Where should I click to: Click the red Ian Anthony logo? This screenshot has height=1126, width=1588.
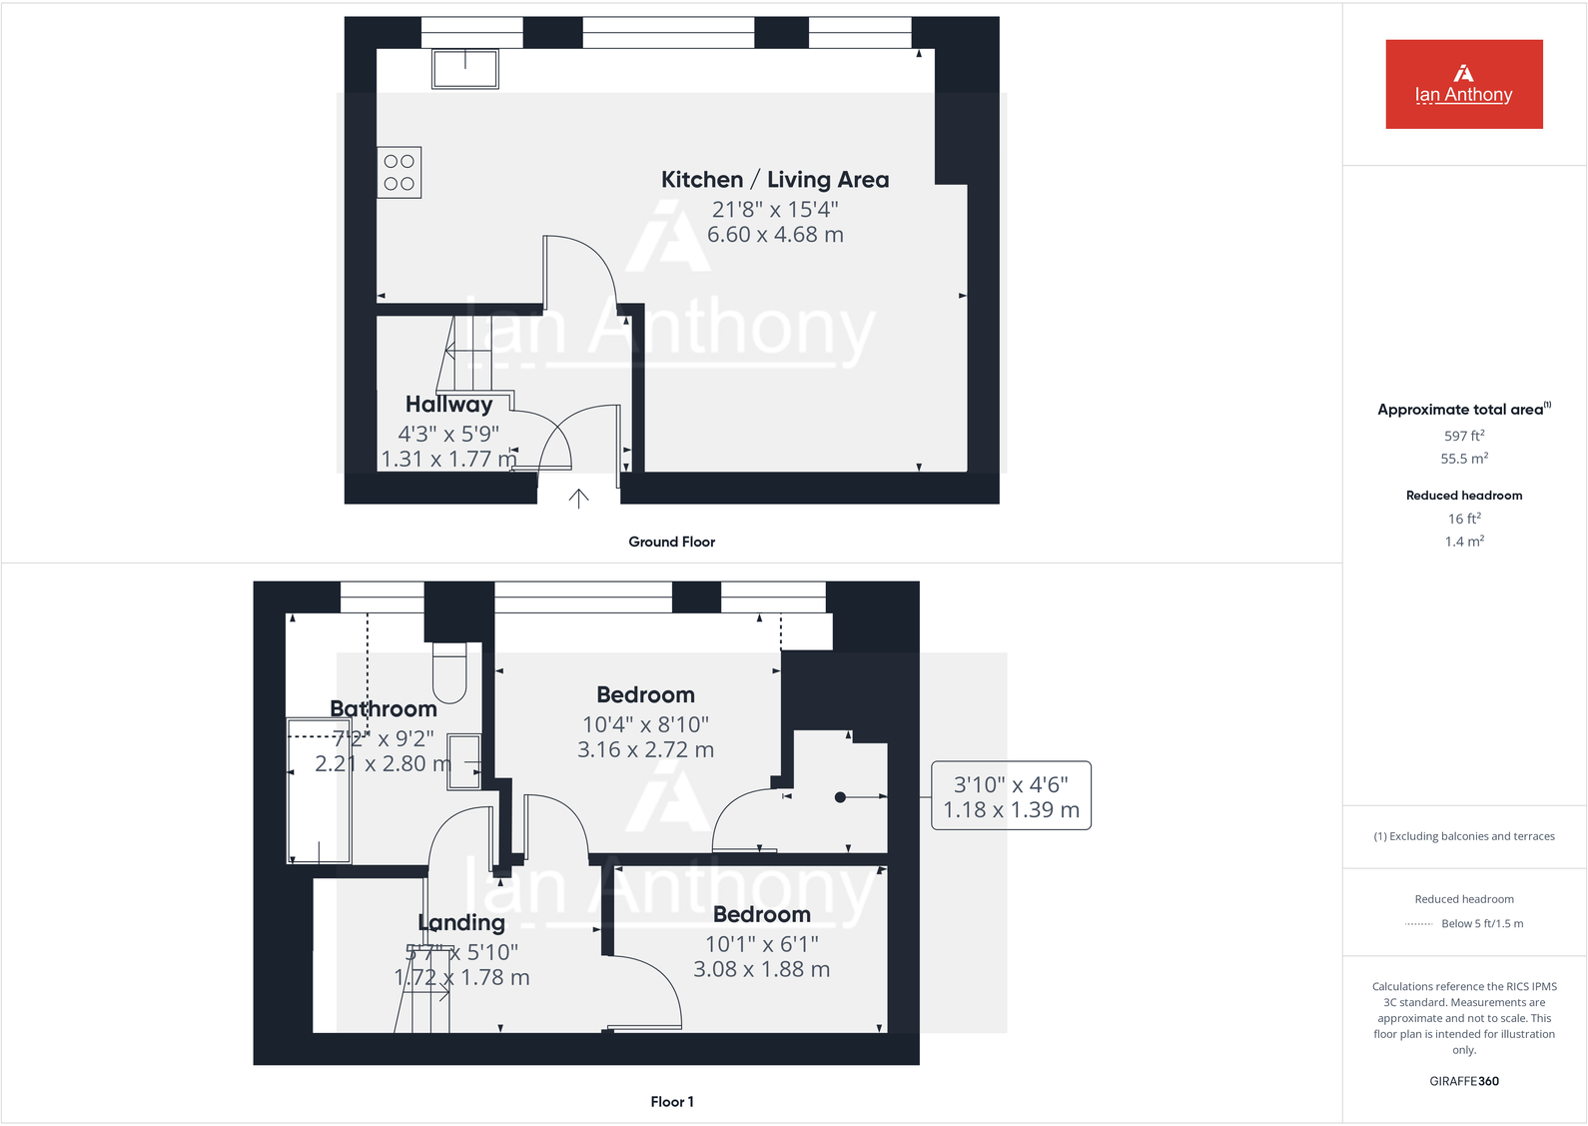tap(1463, 84)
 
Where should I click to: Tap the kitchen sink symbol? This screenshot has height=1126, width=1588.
tap(464, 68)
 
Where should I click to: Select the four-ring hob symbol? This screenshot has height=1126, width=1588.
tap(399, 172)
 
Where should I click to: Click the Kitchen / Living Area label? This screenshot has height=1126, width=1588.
tap(774, 180)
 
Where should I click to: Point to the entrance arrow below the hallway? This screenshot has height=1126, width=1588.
tap(578, 498)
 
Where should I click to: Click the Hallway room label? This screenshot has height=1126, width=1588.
tap(448, 405)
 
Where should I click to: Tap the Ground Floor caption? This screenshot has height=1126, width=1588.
tap(671, 542)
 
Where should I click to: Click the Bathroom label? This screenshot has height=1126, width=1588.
tap(384, 709)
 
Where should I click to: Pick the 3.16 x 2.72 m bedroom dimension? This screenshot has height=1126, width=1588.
tap(645, 750)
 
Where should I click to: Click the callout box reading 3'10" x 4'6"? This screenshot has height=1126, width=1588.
tap(1011, 796)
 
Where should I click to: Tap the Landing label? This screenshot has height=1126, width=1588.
tap(461, 923)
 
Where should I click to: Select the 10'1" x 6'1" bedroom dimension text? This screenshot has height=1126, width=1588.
tap(761, 944)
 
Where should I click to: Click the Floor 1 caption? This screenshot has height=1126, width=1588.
tap(671, 1102)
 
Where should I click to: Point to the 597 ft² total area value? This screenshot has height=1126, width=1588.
tap(1463, 436)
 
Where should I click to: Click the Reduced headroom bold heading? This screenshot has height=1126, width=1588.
tap(1463, 496)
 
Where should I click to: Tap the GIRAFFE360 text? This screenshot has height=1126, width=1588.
tap(1463, 1081)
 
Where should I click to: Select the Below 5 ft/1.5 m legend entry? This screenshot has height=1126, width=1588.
tap(1481, 924)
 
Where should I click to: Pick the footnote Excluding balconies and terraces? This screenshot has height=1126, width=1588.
tap(1463, 836)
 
